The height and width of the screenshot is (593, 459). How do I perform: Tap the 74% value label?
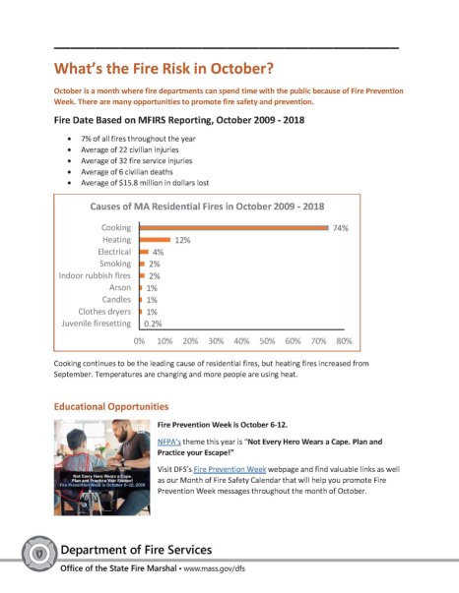click(x=341, y=227)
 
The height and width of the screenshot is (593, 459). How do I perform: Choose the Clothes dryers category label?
click(x=101, y=311)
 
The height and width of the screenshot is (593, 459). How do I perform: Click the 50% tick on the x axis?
click(x=267, y=340)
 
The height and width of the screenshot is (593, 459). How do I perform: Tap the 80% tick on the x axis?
click(x=344, y=340)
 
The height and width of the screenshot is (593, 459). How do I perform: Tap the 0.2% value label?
click(x=154, y=323)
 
